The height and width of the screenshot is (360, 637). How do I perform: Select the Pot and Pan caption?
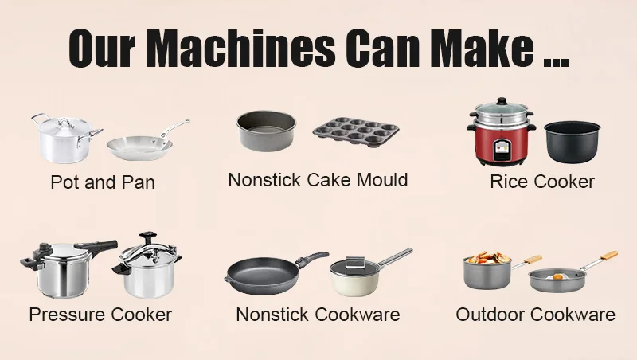pos(103,182)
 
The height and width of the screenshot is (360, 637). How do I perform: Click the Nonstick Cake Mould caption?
pos(318,180)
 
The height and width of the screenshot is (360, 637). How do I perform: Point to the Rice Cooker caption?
pos(542,182)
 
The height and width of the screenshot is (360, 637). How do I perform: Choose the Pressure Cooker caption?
pos(100,315)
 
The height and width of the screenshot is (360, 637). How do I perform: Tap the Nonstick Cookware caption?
pos(318,315)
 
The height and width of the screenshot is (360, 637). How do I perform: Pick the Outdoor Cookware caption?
pos(535,315)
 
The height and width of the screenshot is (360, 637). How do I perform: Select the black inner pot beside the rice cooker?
pos(572,143)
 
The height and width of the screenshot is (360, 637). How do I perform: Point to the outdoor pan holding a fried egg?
pos(558,279)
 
